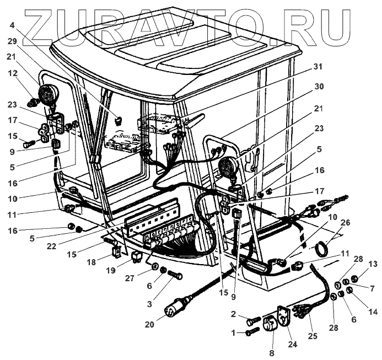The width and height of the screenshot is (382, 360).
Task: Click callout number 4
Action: tap(12, 24)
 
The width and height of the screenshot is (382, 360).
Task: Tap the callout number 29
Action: tap(12, 42)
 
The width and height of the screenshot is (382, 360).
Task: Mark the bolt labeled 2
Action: tap(254, 319)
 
